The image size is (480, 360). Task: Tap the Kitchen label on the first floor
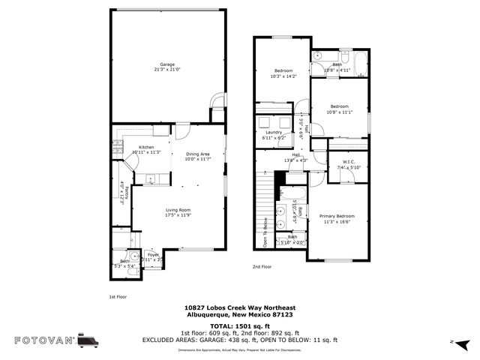[x=146, y=147]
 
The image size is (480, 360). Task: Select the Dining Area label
[x=197, y=154]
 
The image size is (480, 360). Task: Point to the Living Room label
[x=178, y=210]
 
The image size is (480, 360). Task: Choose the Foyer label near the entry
[x=152, y=255]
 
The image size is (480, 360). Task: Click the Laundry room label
[x=274, y=133]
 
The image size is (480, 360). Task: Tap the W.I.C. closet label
[x=349, y=162]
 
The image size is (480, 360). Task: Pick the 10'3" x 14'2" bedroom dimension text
[x=283, y=76]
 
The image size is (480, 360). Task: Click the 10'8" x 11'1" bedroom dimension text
[x=340, y=112]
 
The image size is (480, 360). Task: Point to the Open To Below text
[x=265, y=230]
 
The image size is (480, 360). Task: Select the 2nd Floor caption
[x=262, y=267]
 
